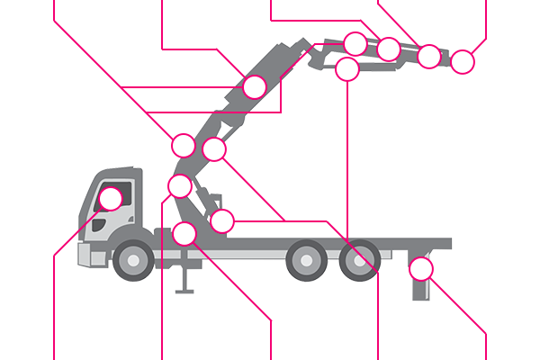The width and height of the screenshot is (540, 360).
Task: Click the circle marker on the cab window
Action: pyautogui.click(x=112, y=198)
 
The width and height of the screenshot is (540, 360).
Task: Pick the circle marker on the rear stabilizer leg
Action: pyautogui.click(x=420, y=268)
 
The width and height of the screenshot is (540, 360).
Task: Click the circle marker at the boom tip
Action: pyautogui.click(x=462, y=62)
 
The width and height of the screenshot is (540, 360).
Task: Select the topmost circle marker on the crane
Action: pyautogui.click(x=355, y=43)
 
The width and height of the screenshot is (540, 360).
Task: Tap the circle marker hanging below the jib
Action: pyautogui.click(x=347, y=69)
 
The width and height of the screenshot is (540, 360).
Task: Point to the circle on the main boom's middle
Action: pyautogui.click(x=255, y=87)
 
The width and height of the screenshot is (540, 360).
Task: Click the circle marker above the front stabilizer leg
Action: pyautogui.click(x=184, y=234)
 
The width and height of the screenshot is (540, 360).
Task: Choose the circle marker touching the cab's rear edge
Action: pyautogui.click(x=180, y=186)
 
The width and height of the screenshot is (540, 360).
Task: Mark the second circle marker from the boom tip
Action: pyautogui.click(x=429, y=56)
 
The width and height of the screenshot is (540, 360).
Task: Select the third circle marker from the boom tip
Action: pyautogui.click(x=389, y=49)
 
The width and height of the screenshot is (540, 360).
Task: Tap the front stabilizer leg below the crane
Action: pyautogui.click(x=184, y=274)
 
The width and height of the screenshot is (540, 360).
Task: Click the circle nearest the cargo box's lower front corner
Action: pyautogui.click(x=221, y=220)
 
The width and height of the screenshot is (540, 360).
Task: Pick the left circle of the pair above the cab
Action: pyautogui.click(x=184, y=145)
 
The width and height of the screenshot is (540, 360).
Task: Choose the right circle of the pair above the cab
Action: pyautogui.click(x=214, y=148)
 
